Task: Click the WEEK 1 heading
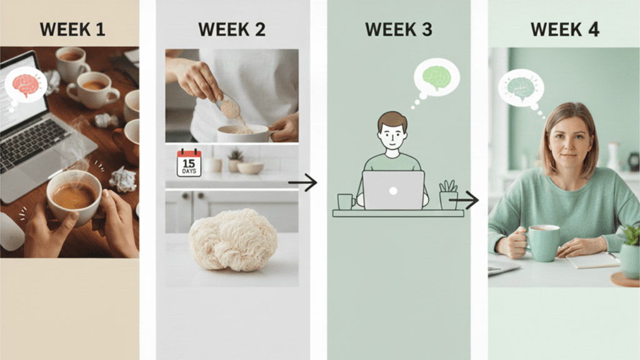72,29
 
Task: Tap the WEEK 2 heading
232,29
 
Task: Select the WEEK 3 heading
399,29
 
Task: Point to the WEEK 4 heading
564,29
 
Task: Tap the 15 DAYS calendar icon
189,162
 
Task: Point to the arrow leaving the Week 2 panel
302,182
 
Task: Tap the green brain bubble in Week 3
436,77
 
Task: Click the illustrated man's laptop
393,190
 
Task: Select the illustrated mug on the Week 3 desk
345,201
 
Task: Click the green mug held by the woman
543,243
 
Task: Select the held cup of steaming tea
73,196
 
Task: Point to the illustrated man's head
392,131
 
